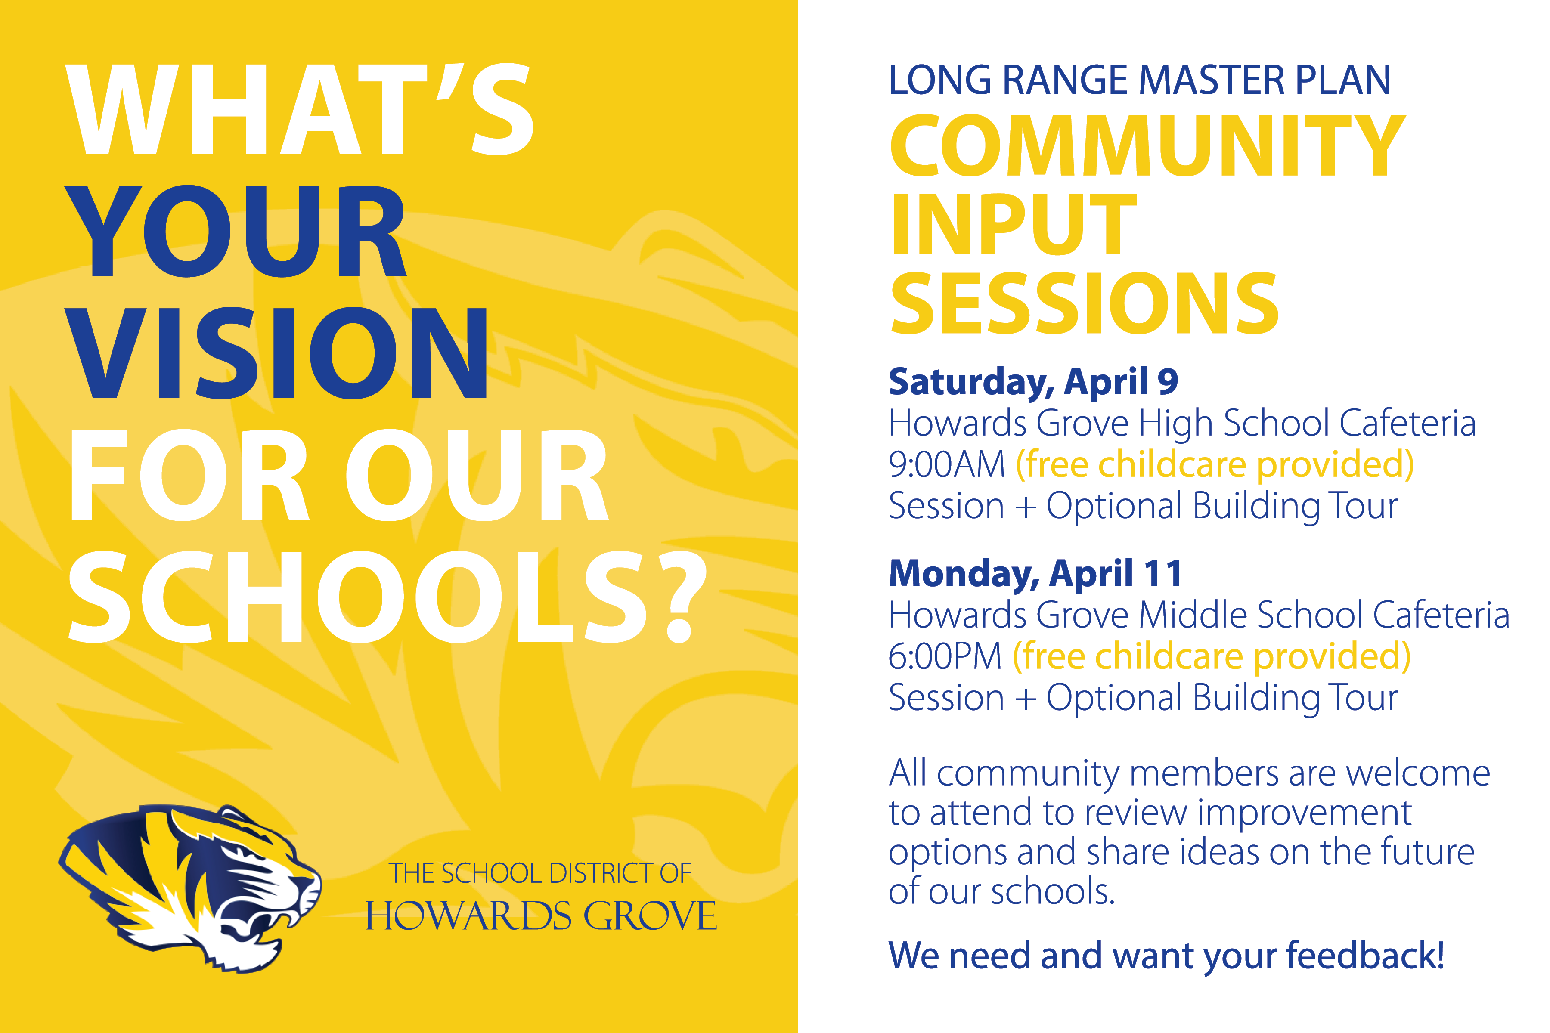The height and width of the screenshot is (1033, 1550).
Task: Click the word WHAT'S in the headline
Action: (x=300, y=109)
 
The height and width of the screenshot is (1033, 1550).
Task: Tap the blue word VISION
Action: (x=277, y=353)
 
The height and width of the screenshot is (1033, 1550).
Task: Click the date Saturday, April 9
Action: (x=1033, y=382)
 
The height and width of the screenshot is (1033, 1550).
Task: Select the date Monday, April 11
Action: (x=1035, y=574)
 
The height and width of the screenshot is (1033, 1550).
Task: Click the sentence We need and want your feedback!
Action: (x=1166, y=956)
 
